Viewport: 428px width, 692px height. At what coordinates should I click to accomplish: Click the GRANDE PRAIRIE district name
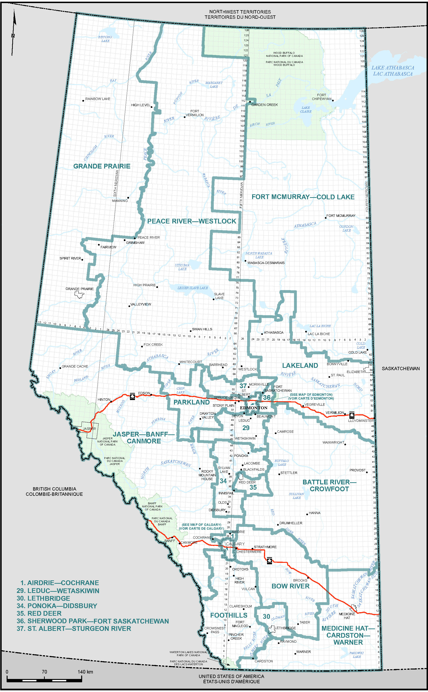(x=102, y=166)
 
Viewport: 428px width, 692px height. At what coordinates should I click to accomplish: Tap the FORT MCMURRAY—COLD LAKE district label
(x=303, y=197)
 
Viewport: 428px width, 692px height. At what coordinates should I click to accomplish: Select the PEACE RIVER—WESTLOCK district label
(x=192, y=221)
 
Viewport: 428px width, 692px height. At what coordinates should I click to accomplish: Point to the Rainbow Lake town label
(x=98, y=99)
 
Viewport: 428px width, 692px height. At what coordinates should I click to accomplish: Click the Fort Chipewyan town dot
(x=333, y=100)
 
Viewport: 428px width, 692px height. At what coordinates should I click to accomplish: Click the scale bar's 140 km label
(x=85, y=672)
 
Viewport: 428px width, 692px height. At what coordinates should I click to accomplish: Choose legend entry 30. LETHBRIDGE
(x=43, y=598)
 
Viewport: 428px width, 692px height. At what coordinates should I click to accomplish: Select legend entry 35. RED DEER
(x=39, y=613)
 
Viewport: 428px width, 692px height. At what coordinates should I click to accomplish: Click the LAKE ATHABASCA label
(x=393, y=68)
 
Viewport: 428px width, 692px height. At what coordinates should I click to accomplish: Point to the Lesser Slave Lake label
(x=192, y=288)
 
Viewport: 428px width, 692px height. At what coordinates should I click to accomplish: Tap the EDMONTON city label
(x=254, y=408)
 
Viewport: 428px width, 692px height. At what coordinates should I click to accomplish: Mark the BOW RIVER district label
(x=290, y=586)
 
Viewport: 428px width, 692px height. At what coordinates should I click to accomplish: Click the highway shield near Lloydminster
(x=352, y=415)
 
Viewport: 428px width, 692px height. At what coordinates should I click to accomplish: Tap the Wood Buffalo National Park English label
(x=284, y=55)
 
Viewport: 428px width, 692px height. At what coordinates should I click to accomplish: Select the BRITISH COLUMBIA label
(x=54, y=489)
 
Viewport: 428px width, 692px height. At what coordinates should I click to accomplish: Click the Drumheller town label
(x=291, y=523)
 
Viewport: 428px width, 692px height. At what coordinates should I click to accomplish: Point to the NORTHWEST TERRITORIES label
(x=240, y=12)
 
